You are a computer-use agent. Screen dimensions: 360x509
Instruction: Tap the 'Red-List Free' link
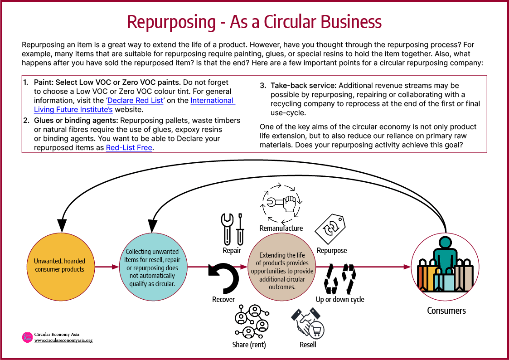point(129,148)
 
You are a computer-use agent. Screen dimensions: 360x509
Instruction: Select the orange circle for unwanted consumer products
point(59,266)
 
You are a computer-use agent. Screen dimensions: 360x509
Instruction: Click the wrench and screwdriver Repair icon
point(232,229)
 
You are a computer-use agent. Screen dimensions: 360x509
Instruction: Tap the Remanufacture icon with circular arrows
point(281,202)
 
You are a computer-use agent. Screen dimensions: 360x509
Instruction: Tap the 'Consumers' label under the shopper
point(446,311)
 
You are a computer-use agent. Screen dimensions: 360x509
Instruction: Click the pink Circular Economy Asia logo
point(27,337)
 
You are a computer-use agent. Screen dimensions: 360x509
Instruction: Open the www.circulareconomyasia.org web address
point(63,341)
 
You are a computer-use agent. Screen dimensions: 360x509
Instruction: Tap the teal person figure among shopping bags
point(446,254)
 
